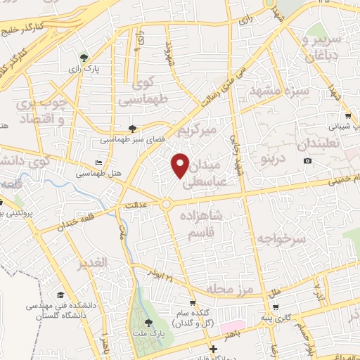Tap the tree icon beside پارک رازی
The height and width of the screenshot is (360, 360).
point(84,58)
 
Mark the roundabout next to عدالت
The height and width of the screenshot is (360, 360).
point(166,204)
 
